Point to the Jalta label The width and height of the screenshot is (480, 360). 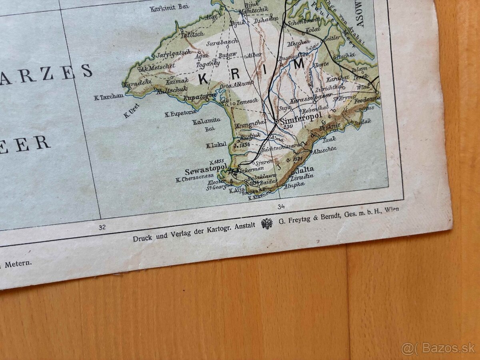305,169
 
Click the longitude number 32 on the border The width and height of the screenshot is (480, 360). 102,227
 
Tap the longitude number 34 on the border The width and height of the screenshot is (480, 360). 280,206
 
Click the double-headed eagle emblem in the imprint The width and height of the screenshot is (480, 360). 267,223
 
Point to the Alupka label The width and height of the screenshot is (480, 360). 294,184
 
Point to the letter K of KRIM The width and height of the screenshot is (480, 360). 203,79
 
